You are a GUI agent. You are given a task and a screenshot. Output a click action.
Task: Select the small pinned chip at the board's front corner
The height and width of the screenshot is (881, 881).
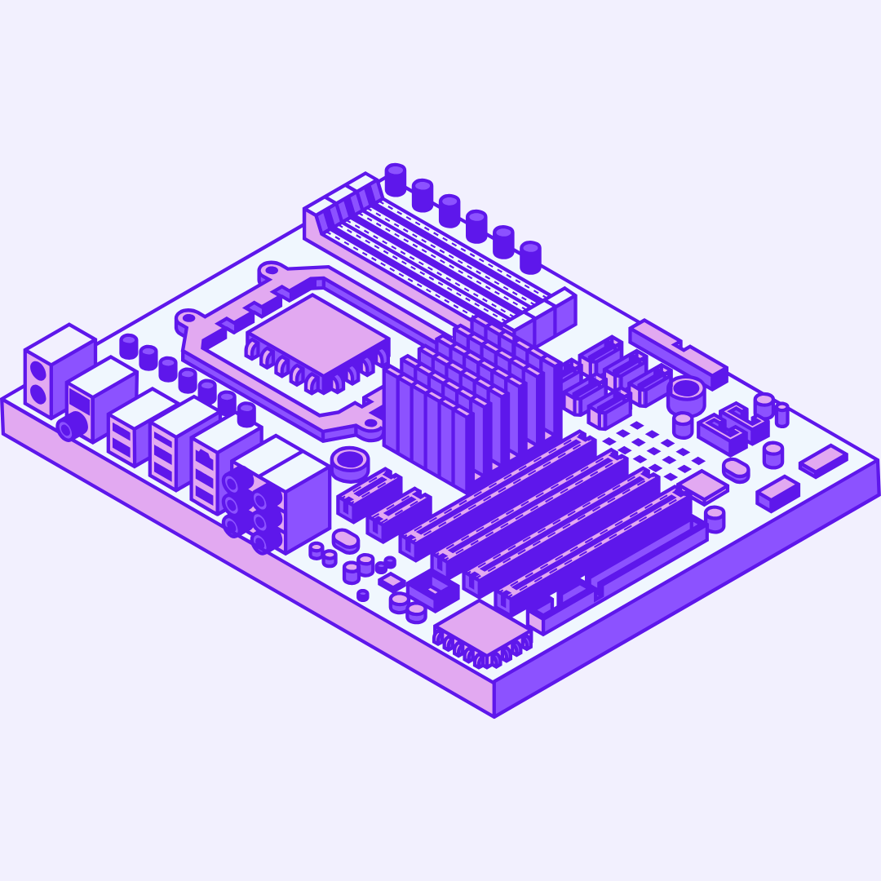point(483,628)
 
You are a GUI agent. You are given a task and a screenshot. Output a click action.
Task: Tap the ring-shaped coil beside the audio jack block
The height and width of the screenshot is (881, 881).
point(351,461)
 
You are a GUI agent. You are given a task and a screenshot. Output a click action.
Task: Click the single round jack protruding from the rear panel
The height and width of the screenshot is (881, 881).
point(73,426)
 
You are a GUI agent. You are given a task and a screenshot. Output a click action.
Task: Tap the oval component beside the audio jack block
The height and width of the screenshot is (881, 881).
point(346,540)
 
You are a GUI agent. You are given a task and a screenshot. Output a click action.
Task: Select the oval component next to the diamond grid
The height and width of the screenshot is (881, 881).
point(736,469)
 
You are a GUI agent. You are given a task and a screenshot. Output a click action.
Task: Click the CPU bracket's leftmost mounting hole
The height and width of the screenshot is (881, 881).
point(188,319)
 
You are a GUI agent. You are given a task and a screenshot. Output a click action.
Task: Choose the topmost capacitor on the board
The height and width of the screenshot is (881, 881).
point(396,179)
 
